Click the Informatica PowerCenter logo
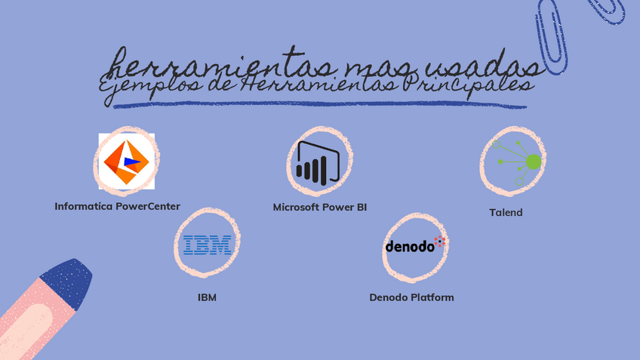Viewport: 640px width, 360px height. click(x=126, y=161)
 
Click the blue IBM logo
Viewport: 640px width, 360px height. click(x=207, y=245)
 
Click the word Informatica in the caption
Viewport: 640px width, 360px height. click(x=83, y=206)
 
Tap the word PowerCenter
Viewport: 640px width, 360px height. click(x=148, y=206)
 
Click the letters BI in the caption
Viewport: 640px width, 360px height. click(x=361, y=207)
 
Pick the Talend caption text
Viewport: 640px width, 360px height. click(x=506, y=213)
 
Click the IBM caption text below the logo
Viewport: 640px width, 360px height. click(x=207, y=297)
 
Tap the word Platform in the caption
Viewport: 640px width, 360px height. click(x=432, y=297)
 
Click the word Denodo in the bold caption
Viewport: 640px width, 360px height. click(x=388, y=297)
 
